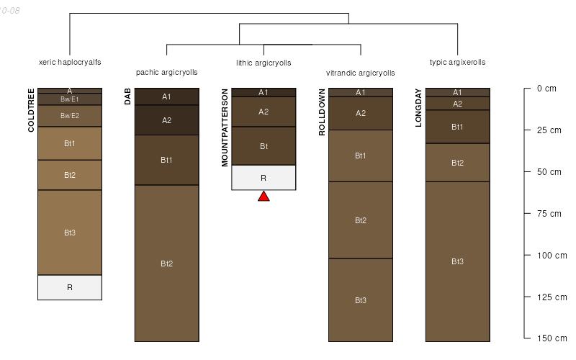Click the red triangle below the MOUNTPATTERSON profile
[264, 196]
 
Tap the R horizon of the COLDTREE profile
[70, 287]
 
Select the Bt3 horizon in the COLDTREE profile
[70, 233]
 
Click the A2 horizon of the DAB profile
[166, 120]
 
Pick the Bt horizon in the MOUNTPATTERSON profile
[264, 146]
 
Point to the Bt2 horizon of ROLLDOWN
[361, 220]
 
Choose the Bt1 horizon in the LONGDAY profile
[457, 127]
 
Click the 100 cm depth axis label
[552, 255]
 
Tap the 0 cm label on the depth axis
[546, 89]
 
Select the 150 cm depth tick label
[552, 338]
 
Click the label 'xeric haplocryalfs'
[70, 62]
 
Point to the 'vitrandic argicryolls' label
[361, 73]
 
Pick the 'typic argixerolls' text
[457, 62]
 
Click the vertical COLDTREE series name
[31, 110]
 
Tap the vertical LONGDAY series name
[419, 108]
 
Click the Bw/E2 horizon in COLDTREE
[70, 116]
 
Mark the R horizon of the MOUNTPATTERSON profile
[264, 177]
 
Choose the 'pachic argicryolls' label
[166, 73]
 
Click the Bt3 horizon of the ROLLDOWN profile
[361, 300]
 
